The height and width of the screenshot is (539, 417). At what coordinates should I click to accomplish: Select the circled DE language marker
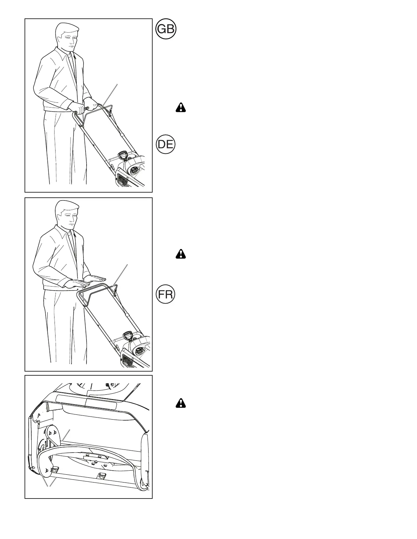[x=166, y=145]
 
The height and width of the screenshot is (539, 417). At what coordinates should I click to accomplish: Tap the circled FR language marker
[x=166, y=295]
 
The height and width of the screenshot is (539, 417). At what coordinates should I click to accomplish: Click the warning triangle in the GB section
[x=181, y=108]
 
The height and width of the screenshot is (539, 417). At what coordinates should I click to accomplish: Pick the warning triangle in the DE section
[x=181, y=254]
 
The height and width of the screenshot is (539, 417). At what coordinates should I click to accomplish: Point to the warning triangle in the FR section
[x=181, y=403]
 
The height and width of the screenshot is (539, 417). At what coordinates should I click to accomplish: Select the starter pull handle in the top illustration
[x=124, y=157]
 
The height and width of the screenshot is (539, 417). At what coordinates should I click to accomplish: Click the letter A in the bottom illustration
[x=40, y=415]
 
